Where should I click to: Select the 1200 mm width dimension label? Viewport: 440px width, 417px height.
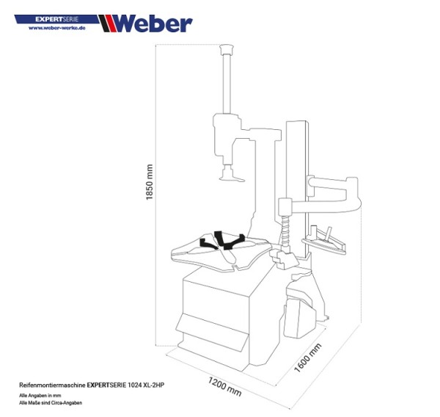[x=224, y=386]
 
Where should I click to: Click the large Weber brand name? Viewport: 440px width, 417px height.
[x=153, y=23]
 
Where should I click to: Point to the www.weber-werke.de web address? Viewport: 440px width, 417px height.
[x=58, y=28]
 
